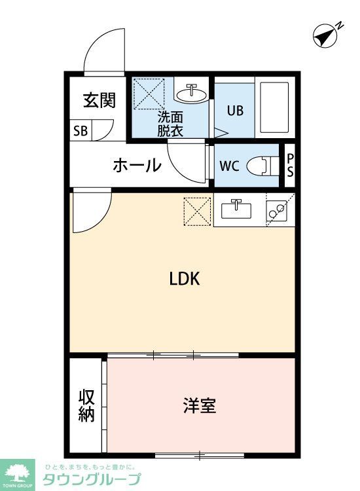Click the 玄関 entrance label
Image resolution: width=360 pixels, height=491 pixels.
coord(99,100)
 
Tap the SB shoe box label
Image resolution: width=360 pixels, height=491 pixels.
coord(81,130)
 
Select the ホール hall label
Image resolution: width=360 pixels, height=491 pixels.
coord(137,165)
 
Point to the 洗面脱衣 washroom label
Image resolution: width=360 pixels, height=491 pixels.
coord(170,124)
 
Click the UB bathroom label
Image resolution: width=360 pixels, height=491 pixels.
coord(235,110)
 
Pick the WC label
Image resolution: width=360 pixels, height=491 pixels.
coord(229,165)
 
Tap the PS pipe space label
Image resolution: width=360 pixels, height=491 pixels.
coord(290,165)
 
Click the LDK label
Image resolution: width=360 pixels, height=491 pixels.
coord(184,279)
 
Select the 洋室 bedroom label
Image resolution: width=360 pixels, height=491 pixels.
coord(199,405)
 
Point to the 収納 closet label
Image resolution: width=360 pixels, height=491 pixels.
coord(86,405)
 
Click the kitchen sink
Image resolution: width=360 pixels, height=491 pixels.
coord(236,210)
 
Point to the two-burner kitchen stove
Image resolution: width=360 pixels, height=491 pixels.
coord(279,210)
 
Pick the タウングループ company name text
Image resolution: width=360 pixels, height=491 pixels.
coord(92,479)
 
